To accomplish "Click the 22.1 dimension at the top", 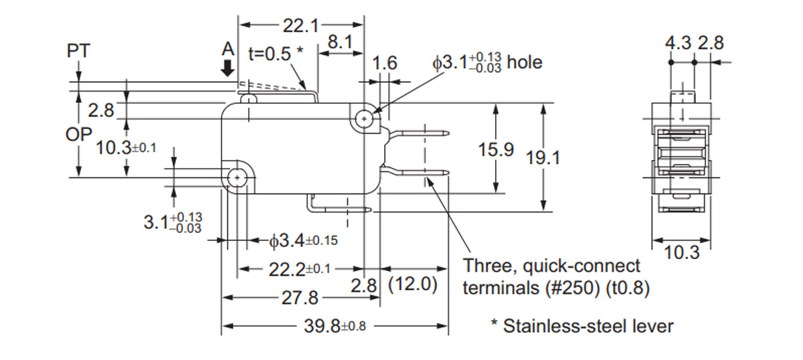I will [x=300, y=26].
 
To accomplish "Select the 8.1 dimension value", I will [x=340, y=43].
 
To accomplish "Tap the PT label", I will [x=79, y=51].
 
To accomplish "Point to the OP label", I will [x=78, y=134].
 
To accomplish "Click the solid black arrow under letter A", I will [x=229, y=68].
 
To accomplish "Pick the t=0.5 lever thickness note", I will [x=276, y=54].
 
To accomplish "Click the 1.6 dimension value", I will [x=385, y=64].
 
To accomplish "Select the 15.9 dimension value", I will [x=496, y=150].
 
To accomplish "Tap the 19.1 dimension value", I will [x=543, y=158].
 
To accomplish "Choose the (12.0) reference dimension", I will [x=414, y=284].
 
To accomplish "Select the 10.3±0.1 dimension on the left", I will [x=126, y=147].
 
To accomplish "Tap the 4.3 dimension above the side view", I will [x=677, y=43].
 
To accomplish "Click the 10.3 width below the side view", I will [x=682, y=253].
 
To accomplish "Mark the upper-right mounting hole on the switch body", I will [x=363, y=119].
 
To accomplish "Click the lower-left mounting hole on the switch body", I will [x=238, y=177].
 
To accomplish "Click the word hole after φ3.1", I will [x=525, y=62].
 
